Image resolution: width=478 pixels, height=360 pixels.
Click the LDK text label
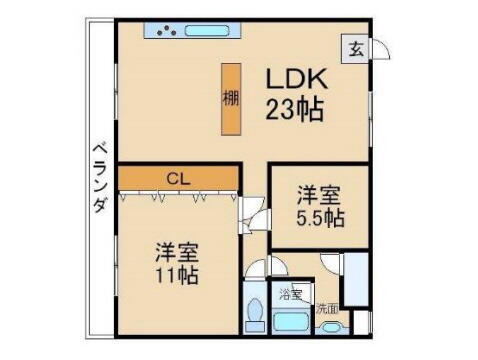[x=295, y=79]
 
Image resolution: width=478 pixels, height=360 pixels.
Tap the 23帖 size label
[x=295, y=109]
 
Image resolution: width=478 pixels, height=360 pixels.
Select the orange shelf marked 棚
[x=231, y=99]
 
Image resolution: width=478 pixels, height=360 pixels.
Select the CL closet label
[x=177, y=179]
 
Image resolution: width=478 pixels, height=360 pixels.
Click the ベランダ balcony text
[x=99, y=176]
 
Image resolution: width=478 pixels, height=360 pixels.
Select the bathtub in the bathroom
[x=291, y=324]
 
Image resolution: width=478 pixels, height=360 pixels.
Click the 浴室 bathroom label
[x=291, y=295]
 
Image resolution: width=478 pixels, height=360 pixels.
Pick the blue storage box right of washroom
[x=355, y=279]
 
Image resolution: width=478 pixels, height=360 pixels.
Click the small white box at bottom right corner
[x=363, y=323]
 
